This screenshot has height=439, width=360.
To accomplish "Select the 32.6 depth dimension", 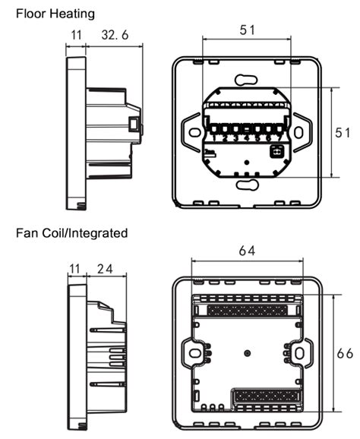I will click(115, 33).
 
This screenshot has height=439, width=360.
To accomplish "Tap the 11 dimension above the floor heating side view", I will click(74, 33).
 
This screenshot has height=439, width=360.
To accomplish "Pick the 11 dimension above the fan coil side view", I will click(74, 269).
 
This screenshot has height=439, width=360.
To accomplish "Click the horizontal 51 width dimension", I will click(246, 30).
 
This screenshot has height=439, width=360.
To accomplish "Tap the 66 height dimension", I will click(346, 352).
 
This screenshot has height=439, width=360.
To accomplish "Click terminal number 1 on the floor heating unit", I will click(216, 138).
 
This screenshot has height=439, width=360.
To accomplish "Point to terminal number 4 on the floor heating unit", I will click(246, 138).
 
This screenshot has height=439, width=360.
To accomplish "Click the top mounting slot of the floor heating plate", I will click(246, 79).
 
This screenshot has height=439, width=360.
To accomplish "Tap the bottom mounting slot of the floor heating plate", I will click(246, 184).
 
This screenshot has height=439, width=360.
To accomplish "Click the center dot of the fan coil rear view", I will click(248, 353).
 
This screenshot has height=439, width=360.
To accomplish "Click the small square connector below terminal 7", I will click(276, 150).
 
